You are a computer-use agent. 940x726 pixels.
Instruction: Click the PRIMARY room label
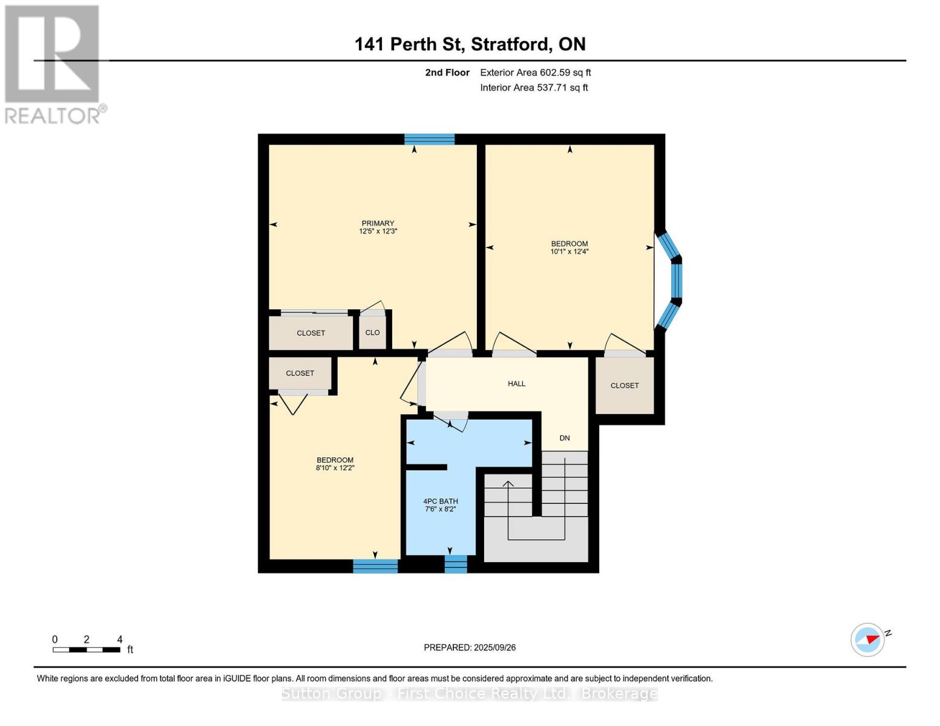[x=378, y=223]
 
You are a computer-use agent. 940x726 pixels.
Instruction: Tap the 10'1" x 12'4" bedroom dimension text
[x=569, y=252]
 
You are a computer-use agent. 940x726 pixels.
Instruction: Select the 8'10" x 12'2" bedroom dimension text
[x=335, y=468]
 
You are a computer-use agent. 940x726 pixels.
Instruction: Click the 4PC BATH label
[x=440, y=501]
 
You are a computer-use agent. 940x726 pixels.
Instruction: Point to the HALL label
[x=516, y=384]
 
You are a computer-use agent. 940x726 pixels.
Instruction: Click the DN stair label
[x=564, y=438]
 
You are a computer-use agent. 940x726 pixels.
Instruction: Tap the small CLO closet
[x=372, y=333]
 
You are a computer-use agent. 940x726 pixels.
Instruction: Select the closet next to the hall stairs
[x=624, y=385]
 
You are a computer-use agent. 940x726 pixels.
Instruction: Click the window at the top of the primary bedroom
[x=429, y=139]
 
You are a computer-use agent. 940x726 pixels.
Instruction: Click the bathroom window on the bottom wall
[x=456, y=564]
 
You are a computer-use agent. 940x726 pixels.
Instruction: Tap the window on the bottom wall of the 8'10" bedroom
[x=375, y=566]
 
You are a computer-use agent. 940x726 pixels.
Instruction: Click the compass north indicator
[x=869, y=639]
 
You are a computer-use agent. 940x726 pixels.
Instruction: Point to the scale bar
[x=86, y=650]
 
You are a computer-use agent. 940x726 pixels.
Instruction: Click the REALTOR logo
[x=53, y=64]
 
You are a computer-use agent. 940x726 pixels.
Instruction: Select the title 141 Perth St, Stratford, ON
[x=470, y=44]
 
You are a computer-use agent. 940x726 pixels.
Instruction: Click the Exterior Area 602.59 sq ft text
[x=535, y=73]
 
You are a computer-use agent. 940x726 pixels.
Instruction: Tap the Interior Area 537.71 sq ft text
[x=534, y=88]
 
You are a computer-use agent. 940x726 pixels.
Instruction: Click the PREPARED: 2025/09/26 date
[x=470, y=647]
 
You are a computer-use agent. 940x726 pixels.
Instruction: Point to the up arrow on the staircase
[x=508, y=484]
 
